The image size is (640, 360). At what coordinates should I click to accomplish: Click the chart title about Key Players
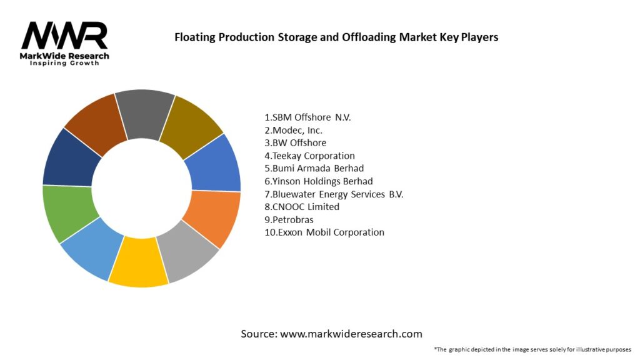(x=336, y=37)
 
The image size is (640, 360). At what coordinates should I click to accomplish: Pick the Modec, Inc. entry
(x=293, y=130)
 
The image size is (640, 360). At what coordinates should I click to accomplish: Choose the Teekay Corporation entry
(x=309, y=156)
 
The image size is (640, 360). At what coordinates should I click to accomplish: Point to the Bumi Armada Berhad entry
(x=314, y=168)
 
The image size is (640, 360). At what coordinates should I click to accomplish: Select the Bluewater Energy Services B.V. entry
(x=334, y=194)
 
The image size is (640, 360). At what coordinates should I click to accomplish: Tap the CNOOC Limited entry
(x=302, y=207)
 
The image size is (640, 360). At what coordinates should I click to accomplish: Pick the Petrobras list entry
(x=289, y=219)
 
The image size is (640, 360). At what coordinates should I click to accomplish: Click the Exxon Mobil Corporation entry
(x=324, y=232)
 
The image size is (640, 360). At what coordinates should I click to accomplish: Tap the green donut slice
(x=67, y=212)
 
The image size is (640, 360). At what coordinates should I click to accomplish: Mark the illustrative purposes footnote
(x=532, y=349)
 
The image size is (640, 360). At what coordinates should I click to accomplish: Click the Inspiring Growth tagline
(x=64, y=64)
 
